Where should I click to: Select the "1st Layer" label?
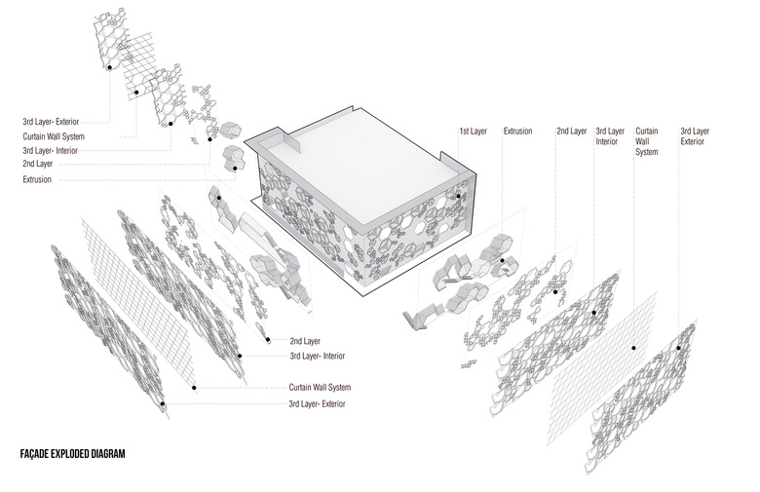pos(474,131)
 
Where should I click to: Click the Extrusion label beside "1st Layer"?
pos(517,131)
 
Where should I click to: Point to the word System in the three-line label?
pos(647,152)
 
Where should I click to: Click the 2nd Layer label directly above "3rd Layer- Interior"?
pos(305,342)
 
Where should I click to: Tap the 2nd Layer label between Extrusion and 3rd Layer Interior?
pos(571,131)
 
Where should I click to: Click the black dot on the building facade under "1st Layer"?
pos(459,195)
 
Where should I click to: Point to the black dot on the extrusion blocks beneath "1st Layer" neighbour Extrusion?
pos(503,260)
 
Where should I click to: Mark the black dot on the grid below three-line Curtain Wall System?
pos(634,347)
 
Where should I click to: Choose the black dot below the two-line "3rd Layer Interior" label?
pos(593,313)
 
